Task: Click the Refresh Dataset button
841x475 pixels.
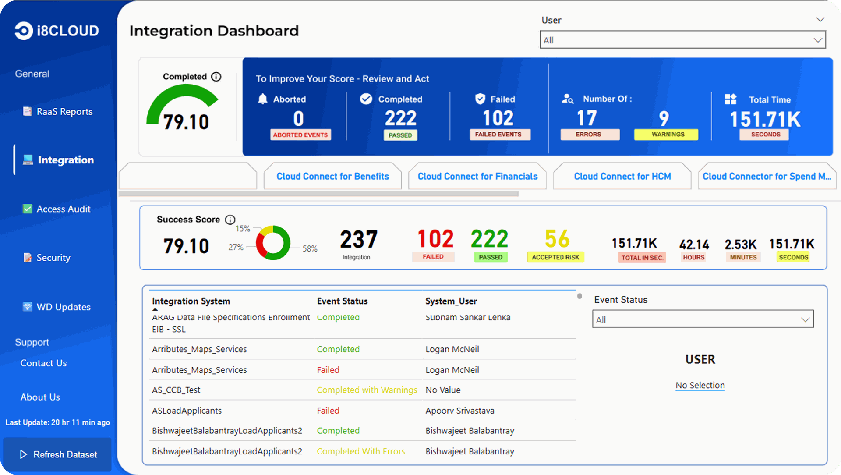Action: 58,454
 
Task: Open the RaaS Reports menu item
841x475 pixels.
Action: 64,112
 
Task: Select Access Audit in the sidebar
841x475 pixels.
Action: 63,209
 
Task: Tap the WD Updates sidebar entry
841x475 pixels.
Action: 63,307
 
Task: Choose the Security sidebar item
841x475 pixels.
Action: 53,258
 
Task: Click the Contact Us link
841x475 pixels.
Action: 43,363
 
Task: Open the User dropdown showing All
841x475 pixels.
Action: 682,40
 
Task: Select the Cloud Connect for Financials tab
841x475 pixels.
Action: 477,176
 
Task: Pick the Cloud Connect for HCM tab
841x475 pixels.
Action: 622,176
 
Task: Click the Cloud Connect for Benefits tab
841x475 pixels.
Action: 332,176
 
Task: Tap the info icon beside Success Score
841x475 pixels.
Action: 230,220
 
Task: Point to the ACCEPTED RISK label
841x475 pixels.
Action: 555,257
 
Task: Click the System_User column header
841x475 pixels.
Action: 451,301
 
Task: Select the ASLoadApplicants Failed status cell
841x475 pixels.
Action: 328,411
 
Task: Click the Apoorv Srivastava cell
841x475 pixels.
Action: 459,411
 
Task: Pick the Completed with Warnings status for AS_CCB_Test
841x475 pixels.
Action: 367,390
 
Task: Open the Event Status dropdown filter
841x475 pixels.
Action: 702,319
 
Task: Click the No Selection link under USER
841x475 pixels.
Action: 700,385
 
